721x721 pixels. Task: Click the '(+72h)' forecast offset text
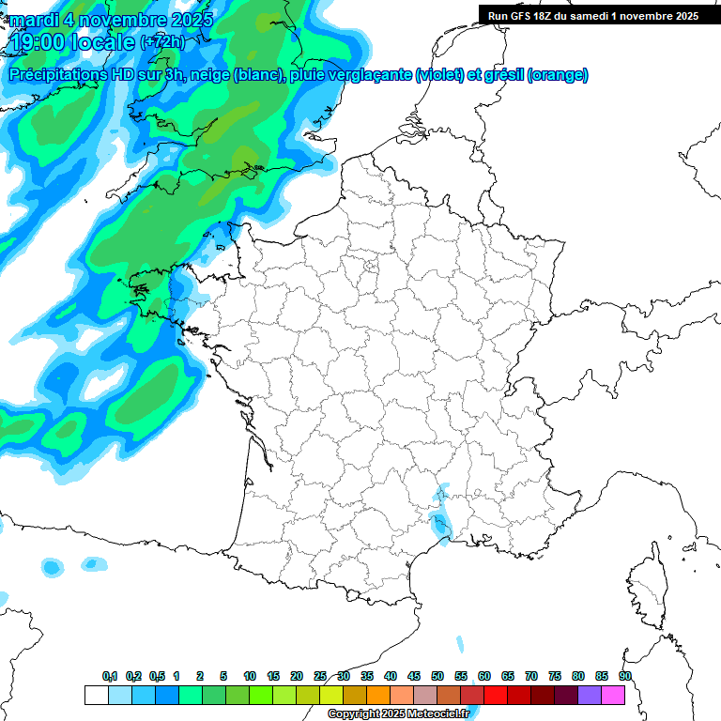162,43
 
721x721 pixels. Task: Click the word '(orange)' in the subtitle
559,75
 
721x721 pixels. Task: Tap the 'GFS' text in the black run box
530,16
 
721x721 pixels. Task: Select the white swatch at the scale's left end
96,695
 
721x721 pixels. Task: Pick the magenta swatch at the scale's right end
613,695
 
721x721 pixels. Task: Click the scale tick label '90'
625,676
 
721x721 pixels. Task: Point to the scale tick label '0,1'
110,676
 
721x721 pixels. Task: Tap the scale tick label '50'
437,676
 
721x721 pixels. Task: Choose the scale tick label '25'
320,676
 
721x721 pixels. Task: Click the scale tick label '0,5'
157,676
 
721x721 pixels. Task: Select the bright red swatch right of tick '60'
496,695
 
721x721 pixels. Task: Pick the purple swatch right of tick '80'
590,695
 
